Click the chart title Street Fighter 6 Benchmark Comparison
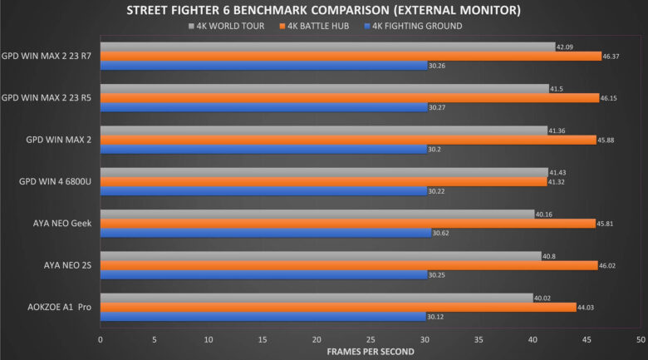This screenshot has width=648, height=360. tap(324, 11)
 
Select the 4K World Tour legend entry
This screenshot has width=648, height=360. tap(227, 26)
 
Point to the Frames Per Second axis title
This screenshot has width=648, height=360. tap(371, 352)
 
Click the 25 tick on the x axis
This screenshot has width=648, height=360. tap(371, 339)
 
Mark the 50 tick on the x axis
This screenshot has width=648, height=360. tap(641, 339)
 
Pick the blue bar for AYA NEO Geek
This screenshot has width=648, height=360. tap(266, 233)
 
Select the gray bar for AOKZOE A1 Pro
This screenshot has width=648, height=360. tap(317, 298)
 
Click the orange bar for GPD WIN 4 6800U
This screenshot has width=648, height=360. tap(323, 181)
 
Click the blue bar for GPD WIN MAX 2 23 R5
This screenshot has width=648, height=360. tap(264, 107)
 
